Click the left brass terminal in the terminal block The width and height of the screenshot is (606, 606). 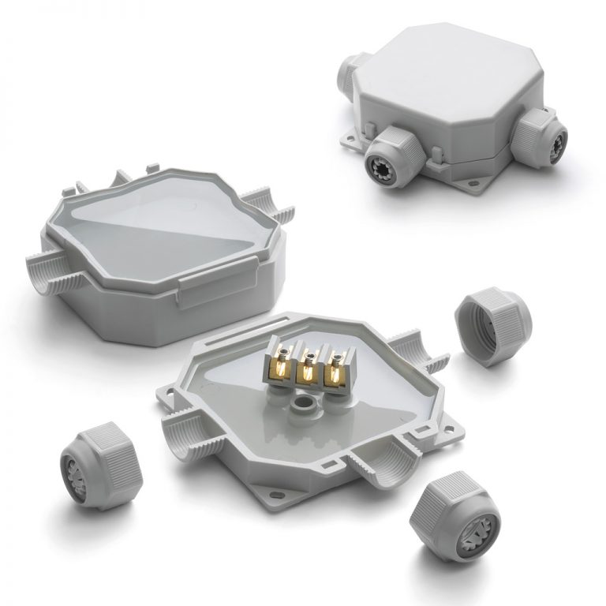point(282,365)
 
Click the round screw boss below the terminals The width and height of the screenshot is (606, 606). point(301,405)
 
